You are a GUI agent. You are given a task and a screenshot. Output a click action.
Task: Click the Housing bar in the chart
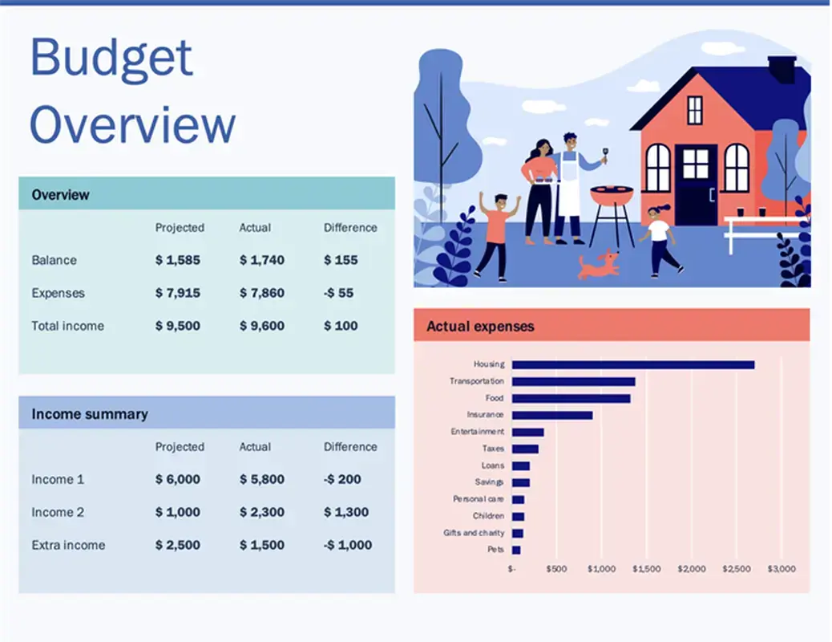click(632, 364)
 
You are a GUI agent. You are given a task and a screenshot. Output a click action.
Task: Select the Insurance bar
click(552, 415)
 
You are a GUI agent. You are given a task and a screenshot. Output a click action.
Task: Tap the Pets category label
click(495, 550)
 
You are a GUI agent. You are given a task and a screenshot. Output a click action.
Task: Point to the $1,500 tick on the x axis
click(646, 569)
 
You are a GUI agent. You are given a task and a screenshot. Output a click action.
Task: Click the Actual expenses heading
click(480, 327)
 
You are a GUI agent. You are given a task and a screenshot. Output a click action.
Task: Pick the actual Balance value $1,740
click(261, 260)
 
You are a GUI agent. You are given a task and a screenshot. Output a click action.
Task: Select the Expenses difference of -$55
click(338, 293)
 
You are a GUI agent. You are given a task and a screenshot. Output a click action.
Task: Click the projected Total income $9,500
click(178, 326)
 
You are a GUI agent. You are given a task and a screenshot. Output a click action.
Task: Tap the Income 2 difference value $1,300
click(346, 512)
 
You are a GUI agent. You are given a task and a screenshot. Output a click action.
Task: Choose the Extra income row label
click(68, 545)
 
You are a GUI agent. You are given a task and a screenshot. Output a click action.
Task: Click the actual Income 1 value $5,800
click(261, 479)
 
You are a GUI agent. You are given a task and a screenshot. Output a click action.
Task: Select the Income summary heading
click(90, 414)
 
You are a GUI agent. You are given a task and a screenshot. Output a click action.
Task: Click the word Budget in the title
click(111, 58)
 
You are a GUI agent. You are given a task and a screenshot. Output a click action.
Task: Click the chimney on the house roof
click(782, 68)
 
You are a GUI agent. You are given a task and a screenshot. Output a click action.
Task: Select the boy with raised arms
click(496, 233)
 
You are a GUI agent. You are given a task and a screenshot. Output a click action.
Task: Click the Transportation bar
click(573, 381)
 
